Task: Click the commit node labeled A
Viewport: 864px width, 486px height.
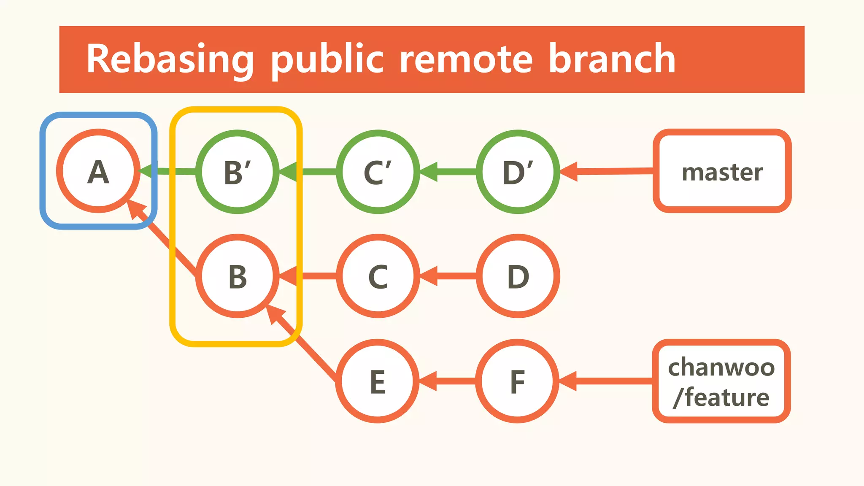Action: [98, 171]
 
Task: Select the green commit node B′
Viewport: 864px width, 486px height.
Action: [238, 172]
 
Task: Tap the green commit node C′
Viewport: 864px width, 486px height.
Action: [378, 172]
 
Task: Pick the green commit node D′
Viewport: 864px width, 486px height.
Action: [518, 172]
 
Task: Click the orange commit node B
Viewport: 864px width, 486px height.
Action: [238, 276]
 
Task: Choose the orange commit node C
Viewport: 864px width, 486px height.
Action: [378, 276]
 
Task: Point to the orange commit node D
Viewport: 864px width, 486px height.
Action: [518, 276]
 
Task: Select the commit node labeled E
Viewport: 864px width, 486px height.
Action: [378, 381]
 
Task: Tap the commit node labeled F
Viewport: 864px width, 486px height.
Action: [517, 381]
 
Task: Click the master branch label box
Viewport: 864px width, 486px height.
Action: [722, 171]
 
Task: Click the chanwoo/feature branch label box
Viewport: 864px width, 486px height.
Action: [721, 381]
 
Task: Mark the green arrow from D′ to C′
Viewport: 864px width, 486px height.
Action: [449, 172]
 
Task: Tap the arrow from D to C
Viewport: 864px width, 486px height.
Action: [449, 276]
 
